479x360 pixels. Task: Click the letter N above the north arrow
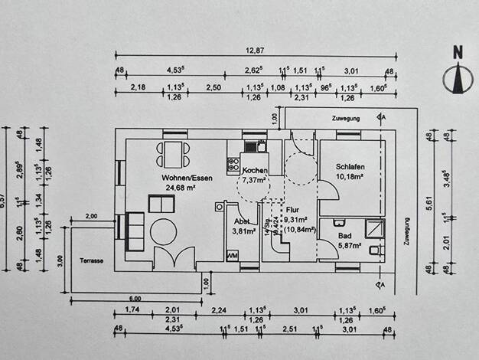pyautogui.click(x=458, y=53)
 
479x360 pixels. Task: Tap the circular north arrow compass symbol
pyautogui.click(x=458, y=77)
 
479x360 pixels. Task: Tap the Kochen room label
pyautogui.click(x=254, y=170)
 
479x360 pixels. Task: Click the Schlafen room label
pyautogui.click(x=349, y=167)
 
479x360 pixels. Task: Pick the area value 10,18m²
pyautogui.click(x=349, y=177)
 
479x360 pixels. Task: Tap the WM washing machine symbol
pyautogui.click(x=233, y=254)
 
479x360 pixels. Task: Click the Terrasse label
pyautogui.click(x=90, y=261)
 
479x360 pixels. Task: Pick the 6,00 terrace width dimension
pyautogui.click(x=135, y=298)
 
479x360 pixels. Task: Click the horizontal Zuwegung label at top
pyautogui.click(x=345, y=119)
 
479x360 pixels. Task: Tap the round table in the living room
pyautogui.click(x=162, y=230)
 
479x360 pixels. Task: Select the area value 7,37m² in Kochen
pyautogui.click(x=255, y=180)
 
